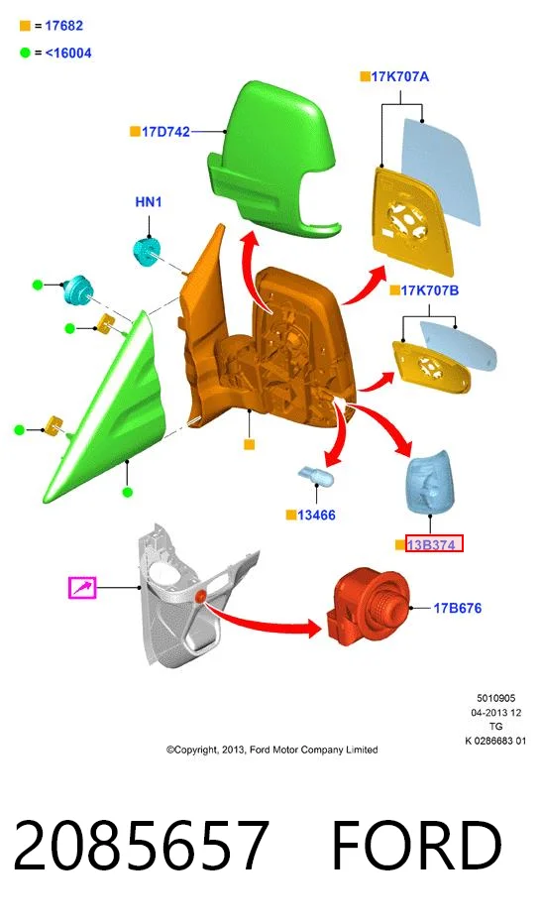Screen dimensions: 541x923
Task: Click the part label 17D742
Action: click(165, 132)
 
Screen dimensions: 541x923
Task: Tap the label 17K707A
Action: click(400, 76)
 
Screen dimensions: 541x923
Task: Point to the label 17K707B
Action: click(430, 290)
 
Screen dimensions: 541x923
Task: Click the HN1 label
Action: click(149, 202)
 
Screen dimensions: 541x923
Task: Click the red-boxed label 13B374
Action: click(434, 544)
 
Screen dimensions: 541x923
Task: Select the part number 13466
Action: click(316, 516)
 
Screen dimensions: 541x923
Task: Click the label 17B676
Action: click(458, 608)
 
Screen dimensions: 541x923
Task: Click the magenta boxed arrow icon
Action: click(82, 588)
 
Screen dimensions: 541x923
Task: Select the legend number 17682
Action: click(64, 26)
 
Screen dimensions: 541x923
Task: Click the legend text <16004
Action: click(68, 53)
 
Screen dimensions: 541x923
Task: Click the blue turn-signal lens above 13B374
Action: click(430, 482)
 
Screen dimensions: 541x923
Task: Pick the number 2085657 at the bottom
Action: click(141, 846)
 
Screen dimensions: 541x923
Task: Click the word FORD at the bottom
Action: click(416, 846)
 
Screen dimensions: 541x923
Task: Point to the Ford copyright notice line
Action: click(271, 750)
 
